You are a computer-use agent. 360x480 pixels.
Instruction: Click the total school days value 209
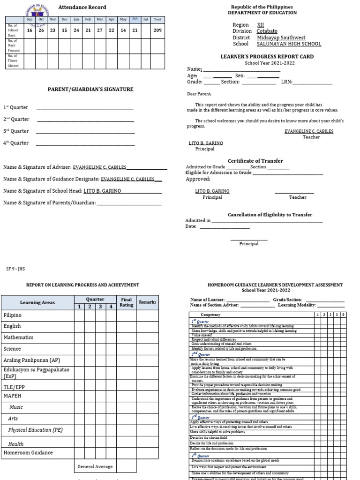pyautogui.click(x=157, y=30)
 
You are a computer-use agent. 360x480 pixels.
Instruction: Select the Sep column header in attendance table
pyautogui.click(x=30, y=19)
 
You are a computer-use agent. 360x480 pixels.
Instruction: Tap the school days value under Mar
pyautogui.click(x=99, y=30)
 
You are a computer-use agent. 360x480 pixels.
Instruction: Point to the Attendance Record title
pyautogui.click(x=82, y=7)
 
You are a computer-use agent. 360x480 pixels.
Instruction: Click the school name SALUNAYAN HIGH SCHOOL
pyautogui.click(x=289, y=44)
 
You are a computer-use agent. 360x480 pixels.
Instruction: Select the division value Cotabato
pyautogui.click(x=267, y=31)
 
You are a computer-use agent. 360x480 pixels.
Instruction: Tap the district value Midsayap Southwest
pyautogui.click(x=281, y=37)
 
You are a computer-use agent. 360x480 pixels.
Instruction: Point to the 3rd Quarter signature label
pyautogui.click(x=16, y=131)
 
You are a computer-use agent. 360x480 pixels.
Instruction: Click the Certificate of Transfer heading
pyautogui.click(x=255, y=161)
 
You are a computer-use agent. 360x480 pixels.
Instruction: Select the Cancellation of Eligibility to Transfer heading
pyautogui.click(x=270, y=215)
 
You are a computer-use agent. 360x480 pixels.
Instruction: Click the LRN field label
pyautogui.click(x=286, y=82)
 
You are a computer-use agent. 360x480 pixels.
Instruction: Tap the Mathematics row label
pyautogui.click(x=18, y=337)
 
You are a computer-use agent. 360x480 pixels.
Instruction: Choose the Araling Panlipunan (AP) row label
pyautogui.click(x=31, y=360)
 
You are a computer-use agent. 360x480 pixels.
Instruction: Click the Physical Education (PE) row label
pyautogui.click(x=35, y=430)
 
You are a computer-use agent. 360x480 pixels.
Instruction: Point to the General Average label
pyautogui.click(x=95, y=467)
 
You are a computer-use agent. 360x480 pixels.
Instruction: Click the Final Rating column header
pyautogui.click(x=127, y=302)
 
